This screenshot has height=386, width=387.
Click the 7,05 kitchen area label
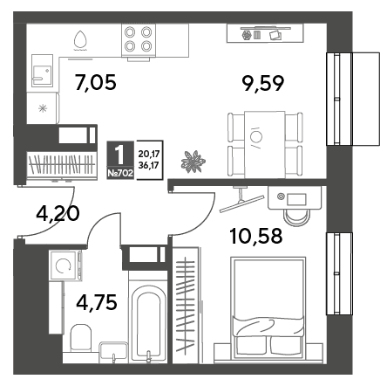pos(96,82)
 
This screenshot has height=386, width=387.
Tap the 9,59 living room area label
pos(263,83)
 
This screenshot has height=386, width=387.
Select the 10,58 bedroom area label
pos(256,236)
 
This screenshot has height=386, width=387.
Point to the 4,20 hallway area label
pos(58,214)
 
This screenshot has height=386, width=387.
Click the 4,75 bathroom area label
pos(97,302)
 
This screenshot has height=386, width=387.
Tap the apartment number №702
pos(120,174)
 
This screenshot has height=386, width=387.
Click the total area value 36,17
pos(148,165)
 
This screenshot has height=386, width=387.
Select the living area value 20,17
pos(148,154)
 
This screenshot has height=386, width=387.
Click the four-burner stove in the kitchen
pos(139,40)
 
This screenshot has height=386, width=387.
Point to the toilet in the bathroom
pos(81,337)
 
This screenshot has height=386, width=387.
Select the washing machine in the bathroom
pos(64,265)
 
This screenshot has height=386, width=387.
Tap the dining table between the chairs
pos(265,144)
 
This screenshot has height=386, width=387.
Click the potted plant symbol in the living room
pos(193,162)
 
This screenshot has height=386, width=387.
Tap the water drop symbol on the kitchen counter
pos(80,39)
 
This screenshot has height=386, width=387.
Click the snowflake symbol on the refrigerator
pos(43,108)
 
